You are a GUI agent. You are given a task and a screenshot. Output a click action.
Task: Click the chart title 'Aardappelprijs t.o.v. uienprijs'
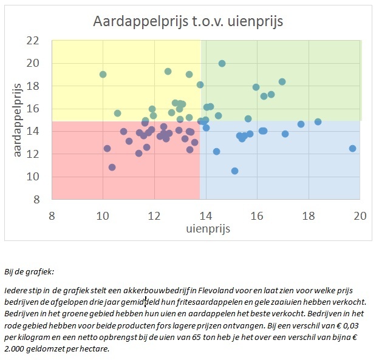pyautogui.click(x=188, y=22)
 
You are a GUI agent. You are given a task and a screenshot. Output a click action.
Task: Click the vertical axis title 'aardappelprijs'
pyautogui.click(x=18, y=119)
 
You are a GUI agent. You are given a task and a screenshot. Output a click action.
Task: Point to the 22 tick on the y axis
pyautogui.click(x=32, y=41)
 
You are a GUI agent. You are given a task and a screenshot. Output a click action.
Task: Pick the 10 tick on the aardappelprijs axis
pyautogui.click(x=32, y=177)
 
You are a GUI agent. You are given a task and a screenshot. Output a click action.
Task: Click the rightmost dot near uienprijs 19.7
pyautogui.click(x=352, y=148)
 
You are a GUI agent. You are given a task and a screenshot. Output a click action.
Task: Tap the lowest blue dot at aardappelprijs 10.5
pyautogui.click(x=234, y=171)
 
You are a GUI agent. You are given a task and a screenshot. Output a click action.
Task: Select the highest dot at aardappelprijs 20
pyautogui.click(x=222, y=63)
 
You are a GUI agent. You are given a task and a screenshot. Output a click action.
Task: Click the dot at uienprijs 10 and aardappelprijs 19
pyautogui.click(x=103, y=75)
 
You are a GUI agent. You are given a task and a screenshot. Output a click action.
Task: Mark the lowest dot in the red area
pyautogui.click(x=112, y=167)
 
